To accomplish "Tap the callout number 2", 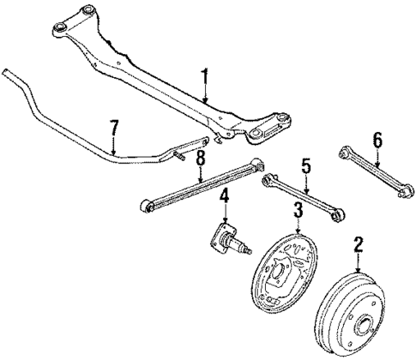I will pyautogui.click(x=356, y=248).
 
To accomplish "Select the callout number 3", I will pyautogui.click(x=297, y=209).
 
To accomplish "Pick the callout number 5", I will pyautogui.click(x=304, y=165).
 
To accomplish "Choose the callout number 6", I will pyautogui.click(x=376, y=139).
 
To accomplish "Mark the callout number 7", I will pyautogui.click(x=114, y=129).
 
